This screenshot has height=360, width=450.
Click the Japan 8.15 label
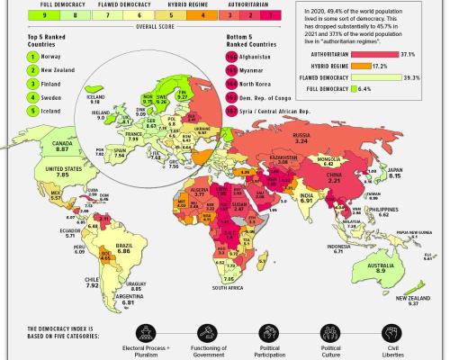pos(418,175)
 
